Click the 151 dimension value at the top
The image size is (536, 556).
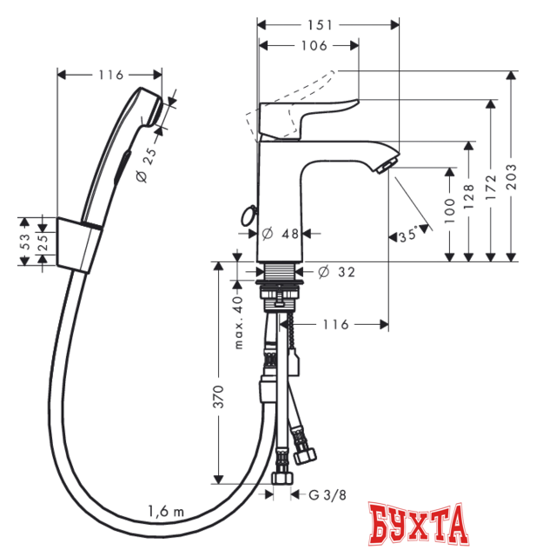(320, 25)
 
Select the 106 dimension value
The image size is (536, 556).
(314, 46)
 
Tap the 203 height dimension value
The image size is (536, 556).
(511, 176)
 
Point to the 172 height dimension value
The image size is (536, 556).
(491, 187)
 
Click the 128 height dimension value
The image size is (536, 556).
(468, 196)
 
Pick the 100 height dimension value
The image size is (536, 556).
(449, 210)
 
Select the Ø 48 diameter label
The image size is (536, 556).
(280, 234)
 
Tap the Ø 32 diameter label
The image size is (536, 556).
(336, 272)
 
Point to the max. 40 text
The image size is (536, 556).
(239, 322)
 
